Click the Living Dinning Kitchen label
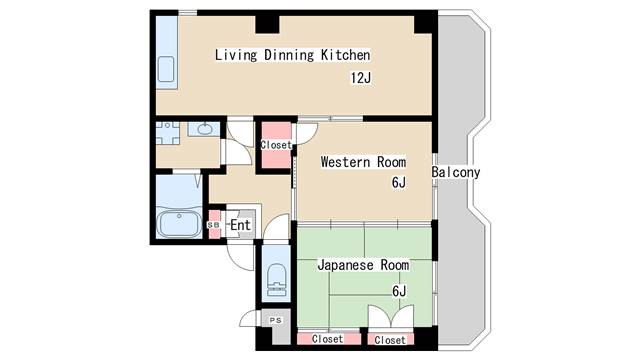pos(293,55)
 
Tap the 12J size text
pos(361,78)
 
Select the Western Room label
pos(363,162)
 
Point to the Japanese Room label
pos(363,265)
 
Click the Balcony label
pos(456,172)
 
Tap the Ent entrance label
pos(240,225)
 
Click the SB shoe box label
pos(213,225)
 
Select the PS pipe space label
pos(276,320)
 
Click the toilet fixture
pos(276,280)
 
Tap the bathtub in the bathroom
pos(180,224)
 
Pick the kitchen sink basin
pos(166,69)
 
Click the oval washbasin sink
pos(204,129)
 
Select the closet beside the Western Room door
pos(276,145)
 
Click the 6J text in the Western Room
pos(399,182)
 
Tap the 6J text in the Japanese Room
pos(399,291)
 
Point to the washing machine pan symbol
pos(168,133)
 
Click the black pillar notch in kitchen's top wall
pos(267,24)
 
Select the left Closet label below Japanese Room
pos(327,339)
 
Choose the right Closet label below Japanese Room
pos(390,340)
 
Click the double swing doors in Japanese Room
pos(391,316)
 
